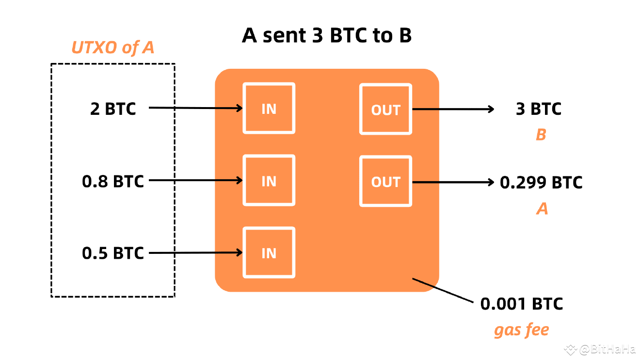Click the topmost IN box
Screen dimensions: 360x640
[269, 108]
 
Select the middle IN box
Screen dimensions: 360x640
[269, 180]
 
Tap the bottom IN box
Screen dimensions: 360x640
[269, 252]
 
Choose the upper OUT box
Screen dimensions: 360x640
[385, 109]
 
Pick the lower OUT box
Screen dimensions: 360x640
[385, 181]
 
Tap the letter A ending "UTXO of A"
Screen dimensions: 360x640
[148, 47]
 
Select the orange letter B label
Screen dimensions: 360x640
[541, 135]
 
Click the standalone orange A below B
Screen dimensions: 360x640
[542, 209]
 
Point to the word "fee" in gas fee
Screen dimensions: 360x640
[536, 330]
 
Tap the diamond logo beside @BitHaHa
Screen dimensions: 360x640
[570, 348]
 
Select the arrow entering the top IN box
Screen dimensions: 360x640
[228, 108]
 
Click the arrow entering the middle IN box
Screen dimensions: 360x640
[228, 180]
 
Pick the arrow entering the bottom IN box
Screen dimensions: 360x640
[228, 252]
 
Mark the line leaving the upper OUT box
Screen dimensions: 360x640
[426, 109]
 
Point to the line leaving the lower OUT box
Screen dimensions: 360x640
[426, 182]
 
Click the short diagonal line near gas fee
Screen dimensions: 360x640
[423, 282]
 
